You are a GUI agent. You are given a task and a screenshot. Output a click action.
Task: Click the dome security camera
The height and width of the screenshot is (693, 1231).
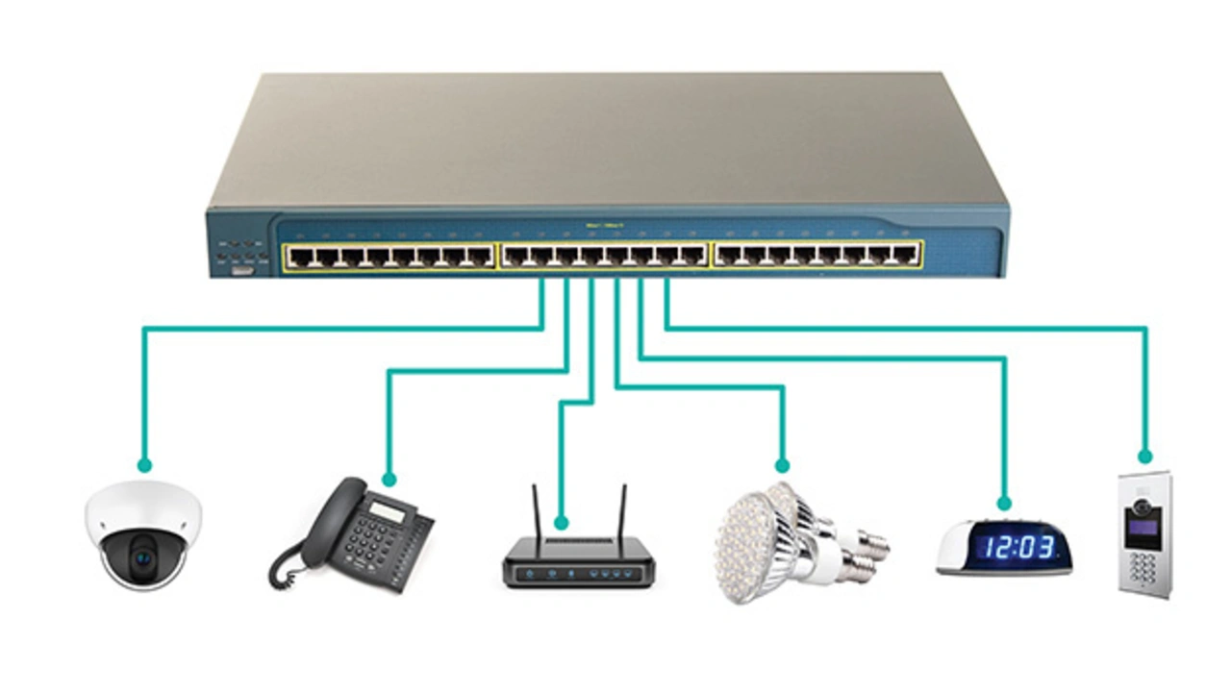[143, 534]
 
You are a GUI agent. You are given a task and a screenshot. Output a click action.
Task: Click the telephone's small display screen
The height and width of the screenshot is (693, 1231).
[388, 510]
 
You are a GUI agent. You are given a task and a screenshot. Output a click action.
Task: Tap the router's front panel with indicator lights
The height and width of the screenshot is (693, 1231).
[578, 574]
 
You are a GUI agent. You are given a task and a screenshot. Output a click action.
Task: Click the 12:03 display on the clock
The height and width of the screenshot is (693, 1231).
[1019, 549]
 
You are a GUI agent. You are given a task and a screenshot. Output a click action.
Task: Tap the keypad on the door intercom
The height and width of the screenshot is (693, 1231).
[1140, 567]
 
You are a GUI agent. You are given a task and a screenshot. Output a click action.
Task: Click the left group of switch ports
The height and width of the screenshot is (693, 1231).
[389, 257]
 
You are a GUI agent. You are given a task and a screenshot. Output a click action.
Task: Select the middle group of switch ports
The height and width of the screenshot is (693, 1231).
[603, 256]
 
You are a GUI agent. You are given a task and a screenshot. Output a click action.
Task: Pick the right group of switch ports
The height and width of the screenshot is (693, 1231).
[816, 255]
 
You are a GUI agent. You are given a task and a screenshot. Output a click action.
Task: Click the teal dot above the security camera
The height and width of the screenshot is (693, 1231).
[144, 465]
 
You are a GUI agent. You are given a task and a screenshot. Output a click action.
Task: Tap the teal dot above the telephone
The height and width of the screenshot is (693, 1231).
[389, 479]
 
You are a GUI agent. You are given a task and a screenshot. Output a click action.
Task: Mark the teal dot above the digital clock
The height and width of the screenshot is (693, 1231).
[1004, 503]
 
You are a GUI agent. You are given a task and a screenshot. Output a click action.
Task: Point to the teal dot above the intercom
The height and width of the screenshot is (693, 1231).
[1144, 456]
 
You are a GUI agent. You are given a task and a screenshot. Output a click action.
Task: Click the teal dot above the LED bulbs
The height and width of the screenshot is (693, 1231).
[782, 465]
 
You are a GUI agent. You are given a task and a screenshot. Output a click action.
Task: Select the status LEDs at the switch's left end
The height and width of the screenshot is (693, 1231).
[239, 252]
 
